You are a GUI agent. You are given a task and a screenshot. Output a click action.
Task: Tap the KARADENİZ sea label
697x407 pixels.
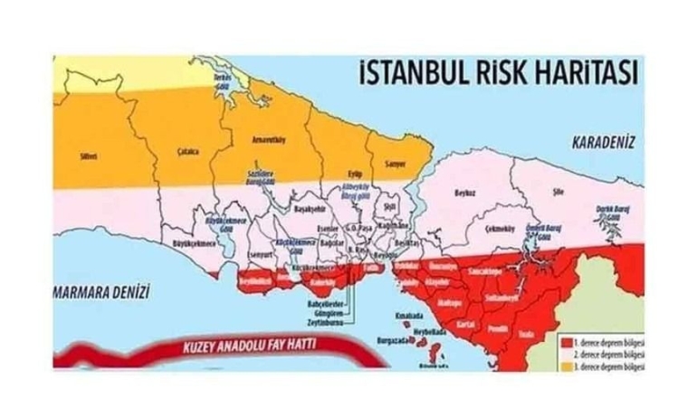click(604, 142)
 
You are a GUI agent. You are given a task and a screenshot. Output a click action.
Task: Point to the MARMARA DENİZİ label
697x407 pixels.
click(100, 291)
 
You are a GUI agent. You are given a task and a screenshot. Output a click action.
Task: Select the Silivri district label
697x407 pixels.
click(88, 156)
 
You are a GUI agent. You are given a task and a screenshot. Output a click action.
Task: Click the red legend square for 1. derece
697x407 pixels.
click(564, 344)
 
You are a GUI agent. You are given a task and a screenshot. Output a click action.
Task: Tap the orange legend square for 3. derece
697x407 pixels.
click(564, 367)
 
